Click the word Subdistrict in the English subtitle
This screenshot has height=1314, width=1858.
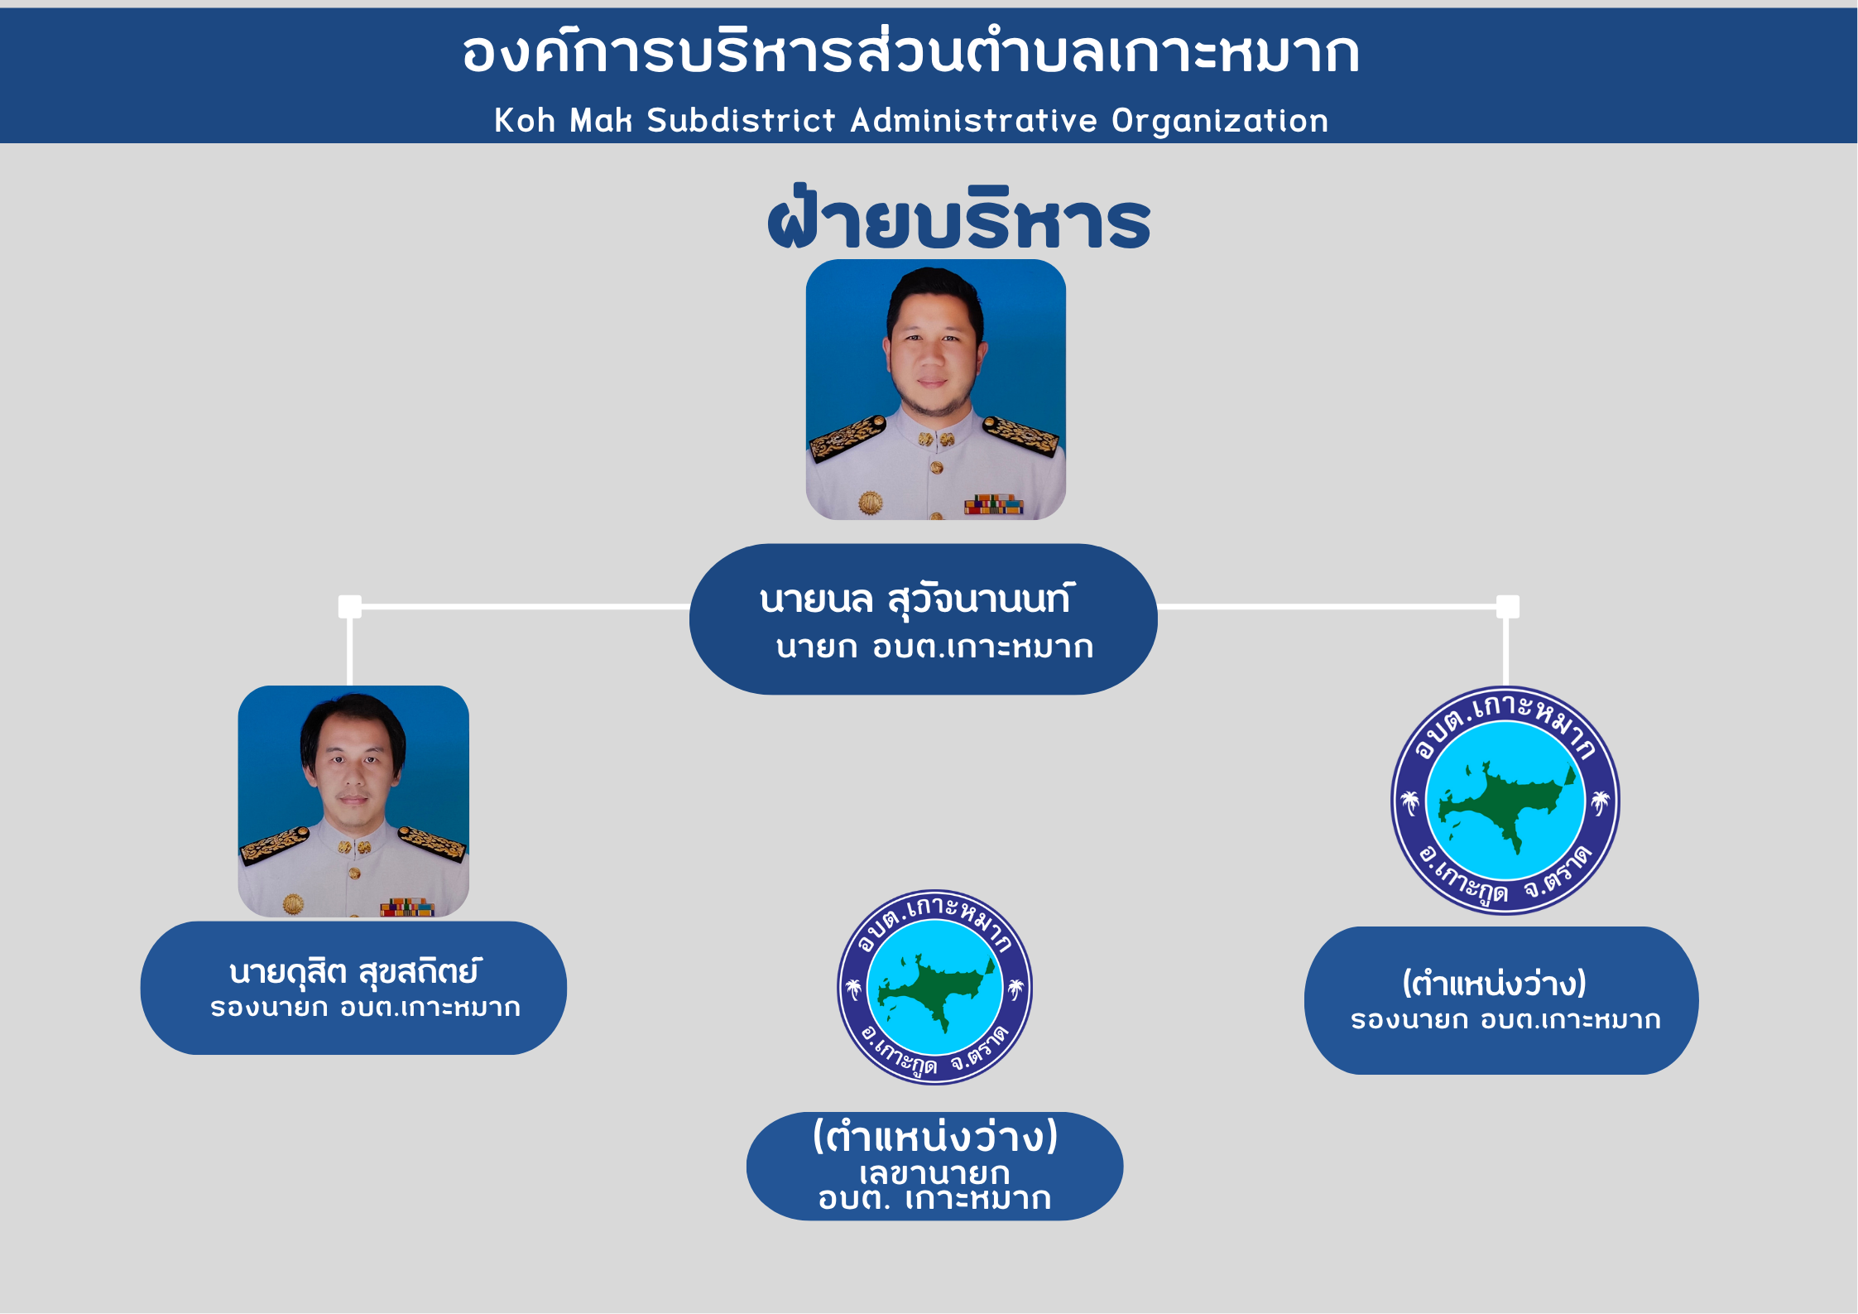click(x=741, y=121)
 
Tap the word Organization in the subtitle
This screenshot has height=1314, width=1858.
click(x=1219, y=121)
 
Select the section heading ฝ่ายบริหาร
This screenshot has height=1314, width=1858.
click(x=958, y=218)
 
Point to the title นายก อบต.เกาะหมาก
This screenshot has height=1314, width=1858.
click(x=934, y=647)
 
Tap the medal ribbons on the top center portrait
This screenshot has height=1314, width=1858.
click(x=993, y=503)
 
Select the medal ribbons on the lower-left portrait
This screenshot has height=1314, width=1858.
click(x=406, y=907)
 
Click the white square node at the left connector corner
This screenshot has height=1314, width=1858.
click(x=350, y=607)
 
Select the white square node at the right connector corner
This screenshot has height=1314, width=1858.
click(x=1508, y=607)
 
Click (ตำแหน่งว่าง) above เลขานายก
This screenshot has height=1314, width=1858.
click(x=935, y=1136)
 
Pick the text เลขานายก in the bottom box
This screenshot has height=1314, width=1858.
click(x=934, y=1173)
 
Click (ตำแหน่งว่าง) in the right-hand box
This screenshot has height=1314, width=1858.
click(x=1494, y=984)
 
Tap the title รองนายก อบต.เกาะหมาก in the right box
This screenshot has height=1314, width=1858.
click(x=1505, y=1020)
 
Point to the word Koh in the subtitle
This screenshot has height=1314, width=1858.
click(x=525, y=121)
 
